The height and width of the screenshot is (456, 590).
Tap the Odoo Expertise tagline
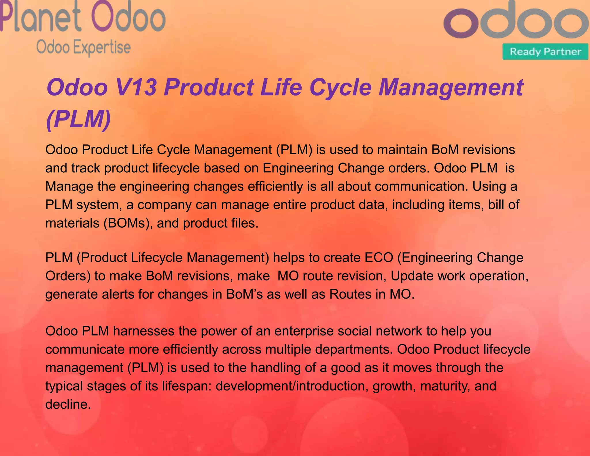(84, 48)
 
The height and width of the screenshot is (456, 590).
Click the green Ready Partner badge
(545, 52)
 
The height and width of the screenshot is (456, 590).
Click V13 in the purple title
(136, 87)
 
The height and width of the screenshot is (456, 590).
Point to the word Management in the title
(451, 87)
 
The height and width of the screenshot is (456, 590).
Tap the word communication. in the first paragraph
(421, 186)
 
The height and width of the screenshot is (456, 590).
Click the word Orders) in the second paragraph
(68, 276)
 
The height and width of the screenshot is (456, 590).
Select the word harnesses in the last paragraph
(143, 331)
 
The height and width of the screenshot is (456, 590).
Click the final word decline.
(68, 404)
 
